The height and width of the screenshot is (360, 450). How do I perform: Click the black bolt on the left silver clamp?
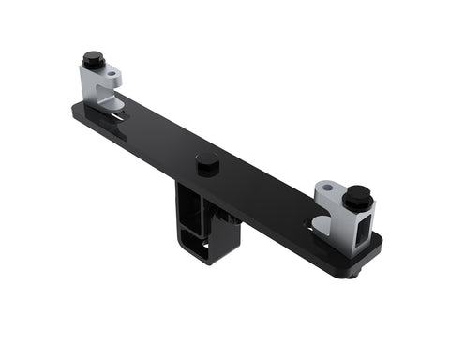pyautogui.click(x=91, y=60)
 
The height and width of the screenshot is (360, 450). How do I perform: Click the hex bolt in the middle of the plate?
pyautogui.click(x=208, y=162)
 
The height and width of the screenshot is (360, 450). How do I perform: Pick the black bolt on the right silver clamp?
pyautogui.click(x=356, y=197)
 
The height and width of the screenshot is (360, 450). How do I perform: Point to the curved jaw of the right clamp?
pyautogui.click(x=321, y=222)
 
